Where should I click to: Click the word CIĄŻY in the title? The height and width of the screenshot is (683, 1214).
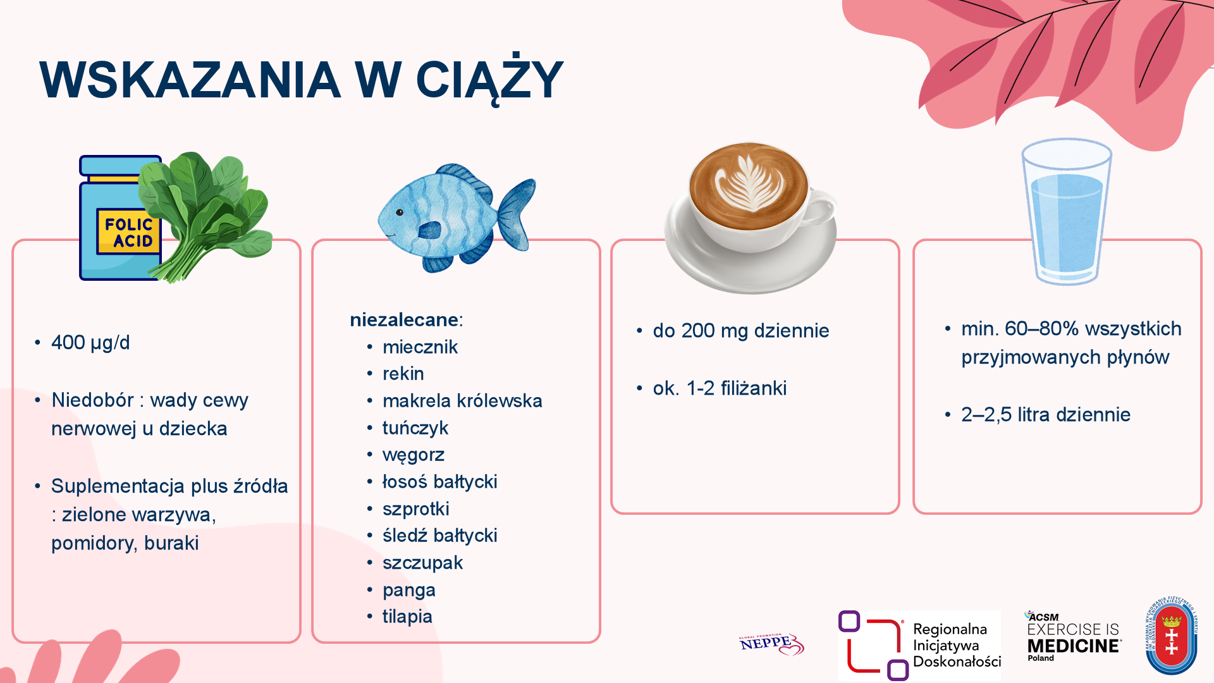[x=489, y=80]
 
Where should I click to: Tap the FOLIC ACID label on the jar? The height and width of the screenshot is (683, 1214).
[x=129, y=232]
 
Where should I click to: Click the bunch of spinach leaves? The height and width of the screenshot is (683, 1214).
[x=205, y=215]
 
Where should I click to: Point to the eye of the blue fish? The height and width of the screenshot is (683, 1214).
[x=400, y=212]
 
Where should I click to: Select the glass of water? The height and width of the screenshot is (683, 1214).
[x=1067, y=212]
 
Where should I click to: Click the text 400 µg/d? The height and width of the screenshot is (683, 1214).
[x=90, y=343]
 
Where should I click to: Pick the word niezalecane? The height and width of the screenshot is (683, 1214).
[x=405, y=320]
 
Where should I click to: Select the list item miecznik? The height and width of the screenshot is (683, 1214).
[x=420, y=347]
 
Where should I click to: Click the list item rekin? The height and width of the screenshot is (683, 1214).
[x=403, y=374]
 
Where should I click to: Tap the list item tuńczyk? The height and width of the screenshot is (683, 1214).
[x=415, y=428]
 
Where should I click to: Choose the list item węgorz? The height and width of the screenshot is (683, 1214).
[x=414, y=455]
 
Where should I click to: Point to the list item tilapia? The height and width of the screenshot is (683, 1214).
[x=407, y=617]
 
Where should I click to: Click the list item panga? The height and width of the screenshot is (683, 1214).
[x=409, y=591]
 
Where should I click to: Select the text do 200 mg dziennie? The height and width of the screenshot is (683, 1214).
[x=741, y=331]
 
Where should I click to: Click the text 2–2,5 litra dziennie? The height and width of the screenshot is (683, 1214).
[x=1046, y=415]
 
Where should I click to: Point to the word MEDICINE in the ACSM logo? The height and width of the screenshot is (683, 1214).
[x=1074, y=646]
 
